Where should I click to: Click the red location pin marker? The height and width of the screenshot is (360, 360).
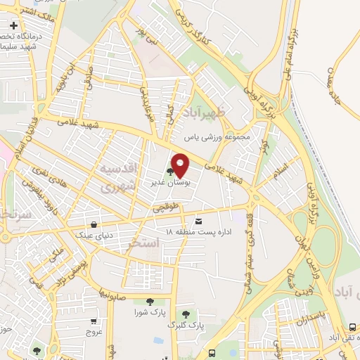tap(180, 165)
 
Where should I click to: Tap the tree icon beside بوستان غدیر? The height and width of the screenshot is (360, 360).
tap(171, 170)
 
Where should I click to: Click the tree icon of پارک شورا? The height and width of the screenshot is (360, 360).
tap(149, 302)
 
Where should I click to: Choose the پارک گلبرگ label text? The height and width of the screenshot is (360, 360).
tap(184, 326)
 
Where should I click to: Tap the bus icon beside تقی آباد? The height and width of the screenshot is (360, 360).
tap(352, 327)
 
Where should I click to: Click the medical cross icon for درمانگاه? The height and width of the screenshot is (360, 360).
tap(13, 27)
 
